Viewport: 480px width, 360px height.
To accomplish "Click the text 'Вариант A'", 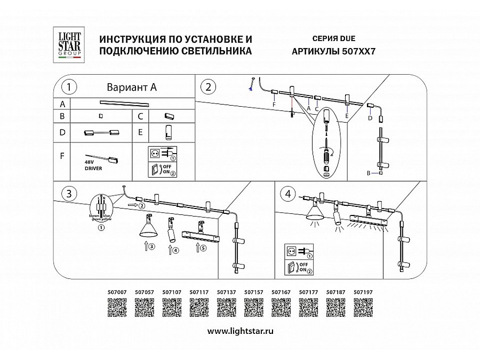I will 132,87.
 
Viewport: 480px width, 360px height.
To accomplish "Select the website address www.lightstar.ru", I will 240,331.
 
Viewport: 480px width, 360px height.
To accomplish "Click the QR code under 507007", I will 117,308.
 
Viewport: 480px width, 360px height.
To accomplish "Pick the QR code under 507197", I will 363,308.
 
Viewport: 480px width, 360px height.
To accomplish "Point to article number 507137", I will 226,292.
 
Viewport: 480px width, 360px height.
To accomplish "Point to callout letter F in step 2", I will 274,106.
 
